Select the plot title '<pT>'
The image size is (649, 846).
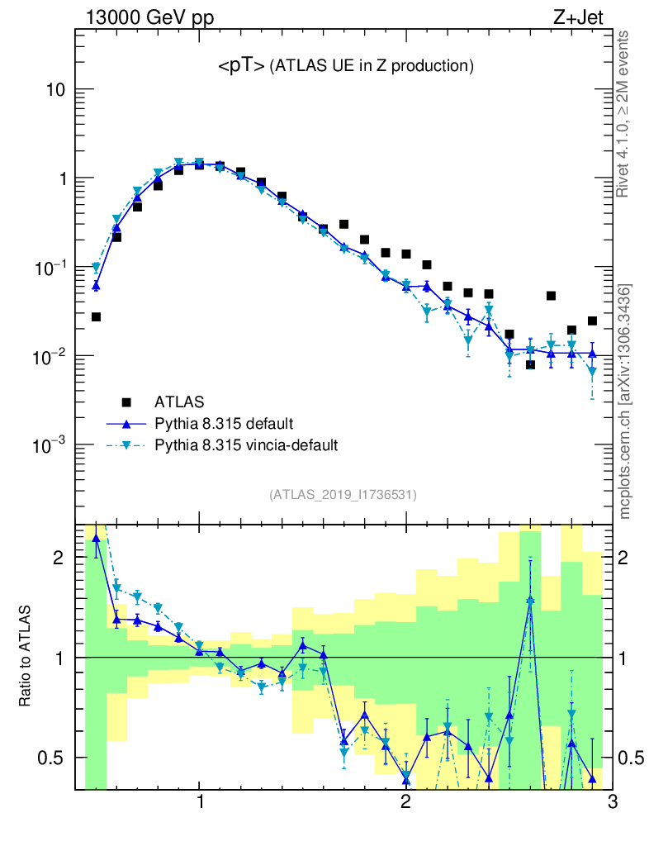coord(241,67)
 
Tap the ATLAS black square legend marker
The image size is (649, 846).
coord(126,402)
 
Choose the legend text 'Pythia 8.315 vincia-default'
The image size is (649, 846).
coord(246,445)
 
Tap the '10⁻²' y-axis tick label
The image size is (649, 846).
coord(51,356)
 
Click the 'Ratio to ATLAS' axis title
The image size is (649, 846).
coord(26,657)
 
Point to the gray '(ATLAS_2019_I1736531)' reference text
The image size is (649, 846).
coord(343,495)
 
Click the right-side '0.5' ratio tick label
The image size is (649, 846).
coord(632,758)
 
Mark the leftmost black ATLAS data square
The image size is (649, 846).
coord(96,316)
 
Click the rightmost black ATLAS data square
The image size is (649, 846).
coord(592,321)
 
